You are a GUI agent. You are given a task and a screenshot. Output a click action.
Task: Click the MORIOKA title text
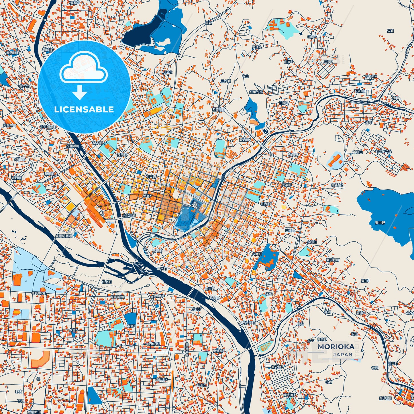[x=336, y=346]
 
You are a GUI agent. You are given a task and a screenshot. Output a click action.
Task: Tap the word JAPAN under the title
[x=343, y=354]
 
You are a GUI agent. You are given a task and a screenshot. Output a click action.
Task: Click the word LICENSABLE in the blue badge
[x=84, y=109]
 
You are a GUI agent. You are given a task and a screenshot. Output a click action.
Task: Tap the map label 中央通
[x=151, y=177]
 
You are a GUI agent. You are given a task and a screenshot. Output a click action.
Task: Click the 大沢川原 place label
[x=129, y=215]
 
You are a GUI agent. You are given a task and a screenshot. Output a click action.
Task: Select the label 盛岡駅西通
[x=64, y=236]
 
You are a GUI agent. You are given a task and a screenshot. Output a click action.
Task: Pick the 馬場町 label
[x=157, y=251]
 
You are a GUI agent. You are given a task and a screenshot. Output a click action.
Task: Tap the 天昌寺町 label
[x=9, y=125]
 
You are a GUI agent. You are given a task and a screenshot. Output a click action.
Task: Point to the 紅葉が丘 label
[x=256, y=92]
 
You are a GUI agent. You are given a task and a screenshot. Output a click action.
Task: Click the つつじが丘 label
[x=383, y=151]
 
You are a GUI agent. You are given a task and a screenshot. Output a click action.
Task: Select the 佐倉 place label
[x=391, y=31]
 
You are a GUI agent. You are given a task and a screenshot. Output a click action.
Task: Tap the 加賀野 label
[x=293, y=154]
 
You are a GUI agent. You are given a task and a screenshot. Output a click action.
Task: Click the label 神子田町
[x=248, y=323]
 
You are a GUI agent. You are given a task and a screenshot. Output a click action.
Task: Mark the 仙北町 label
[x=107, y=282]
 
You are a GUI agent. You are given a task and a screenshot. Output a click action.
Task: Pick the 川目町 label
[x=393, y=363]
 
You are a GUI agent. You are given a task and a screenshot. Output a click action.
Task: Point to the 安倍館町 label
[x=13, y=53]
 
